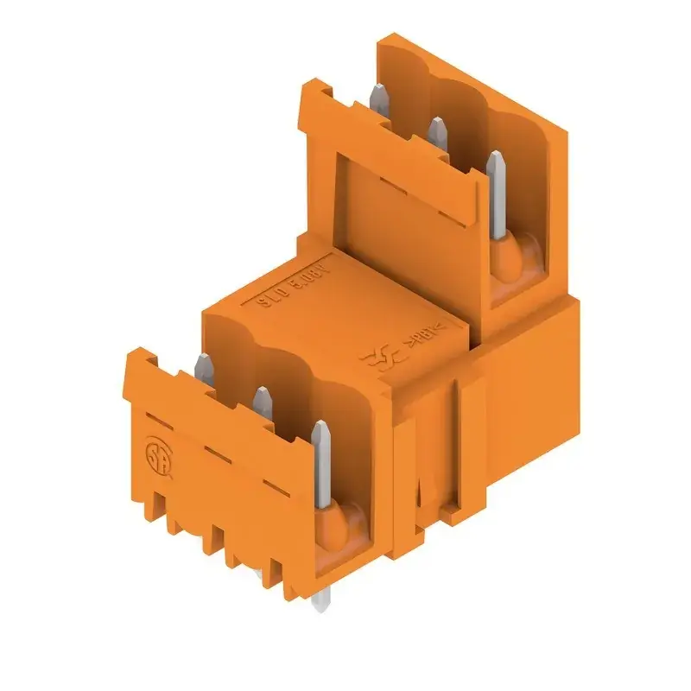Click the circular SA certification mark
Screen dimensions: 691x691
155,455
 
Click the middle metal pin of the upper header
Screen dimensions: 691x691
437,130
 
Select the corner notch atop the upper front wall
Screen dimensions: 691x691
316,86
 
